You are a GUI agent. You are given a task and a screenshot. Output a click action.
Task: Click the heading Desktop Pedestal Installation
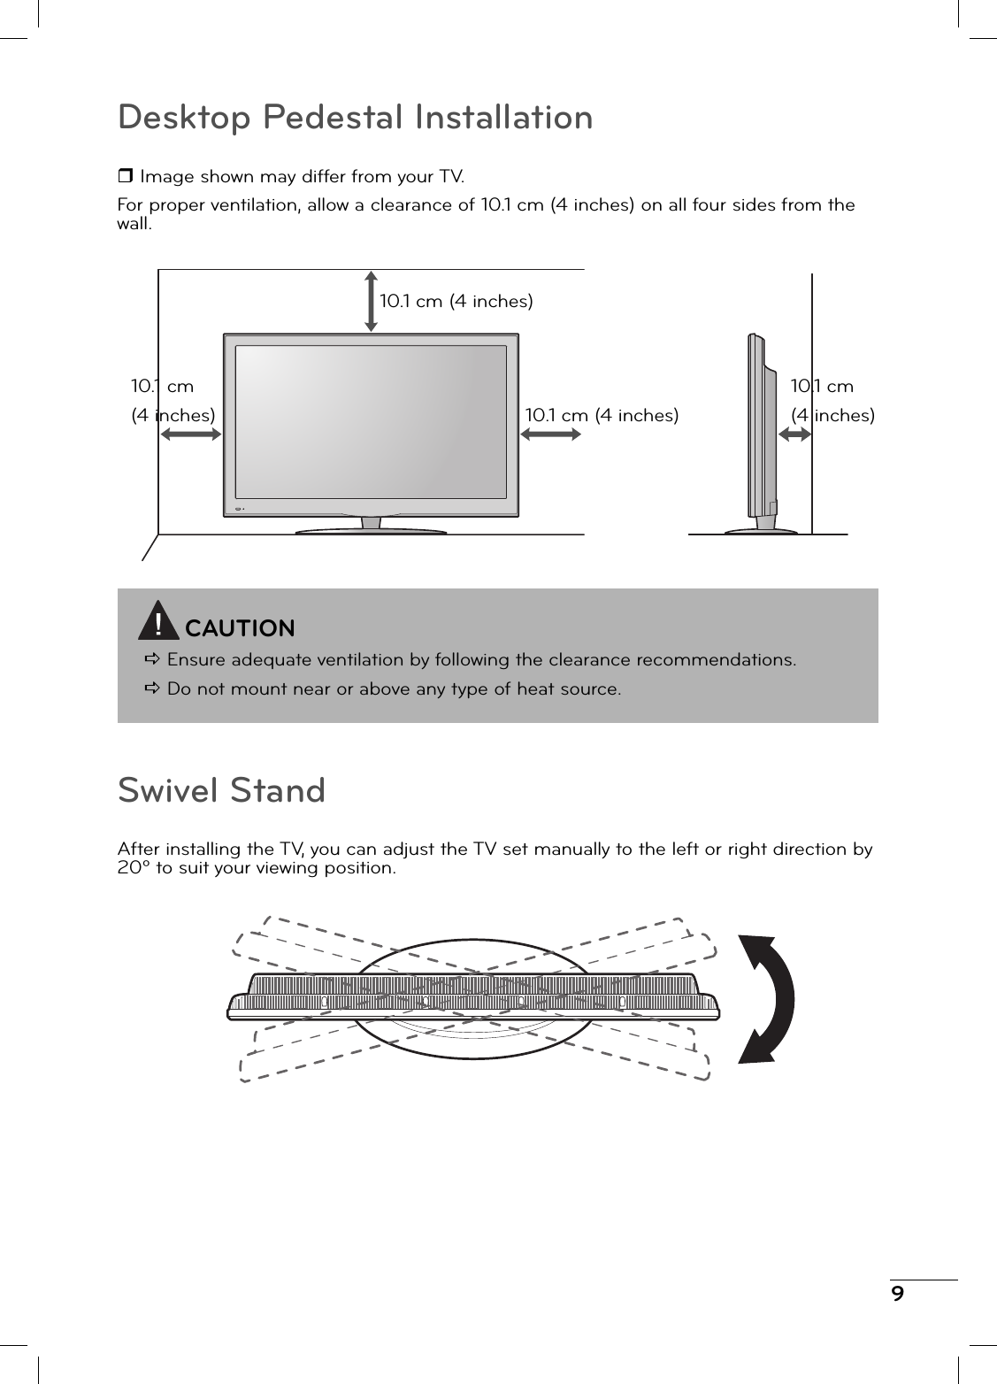coord(355,118)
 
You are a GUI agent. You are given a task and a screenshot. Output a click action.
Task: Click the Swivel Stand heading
coord(221,790)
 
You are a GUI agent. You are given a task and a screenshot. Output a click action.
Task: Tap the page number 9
coord(898,1295)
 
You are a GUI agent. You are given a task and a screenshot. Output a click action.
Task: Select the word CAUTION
coord(240,628)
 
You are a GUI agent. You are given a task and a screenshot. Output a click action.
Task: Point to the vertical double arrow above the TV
coord(371,301)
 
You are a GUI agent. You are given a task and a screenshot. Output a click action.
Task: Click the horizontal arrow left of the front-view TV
coord(190,434)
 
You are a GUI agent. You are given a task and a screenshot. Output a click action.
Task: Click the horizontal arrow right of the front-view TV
coord(550,433)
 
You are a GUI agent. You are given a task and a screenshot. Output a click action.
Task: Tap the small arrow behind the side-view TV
coord(795,434)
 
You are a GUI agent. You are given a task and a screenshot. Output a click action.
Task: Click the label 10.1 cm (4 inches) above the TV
coord(456,302)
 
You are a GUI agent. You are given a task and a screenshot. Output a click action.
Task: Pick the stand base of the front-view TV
coord(371,531)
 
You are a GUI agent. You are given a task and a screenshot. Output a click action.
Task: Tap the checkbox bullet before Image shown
coord(125,176)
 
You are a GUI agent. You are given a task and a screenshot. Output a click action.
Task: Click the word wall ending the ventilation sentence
coord(134,223)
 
